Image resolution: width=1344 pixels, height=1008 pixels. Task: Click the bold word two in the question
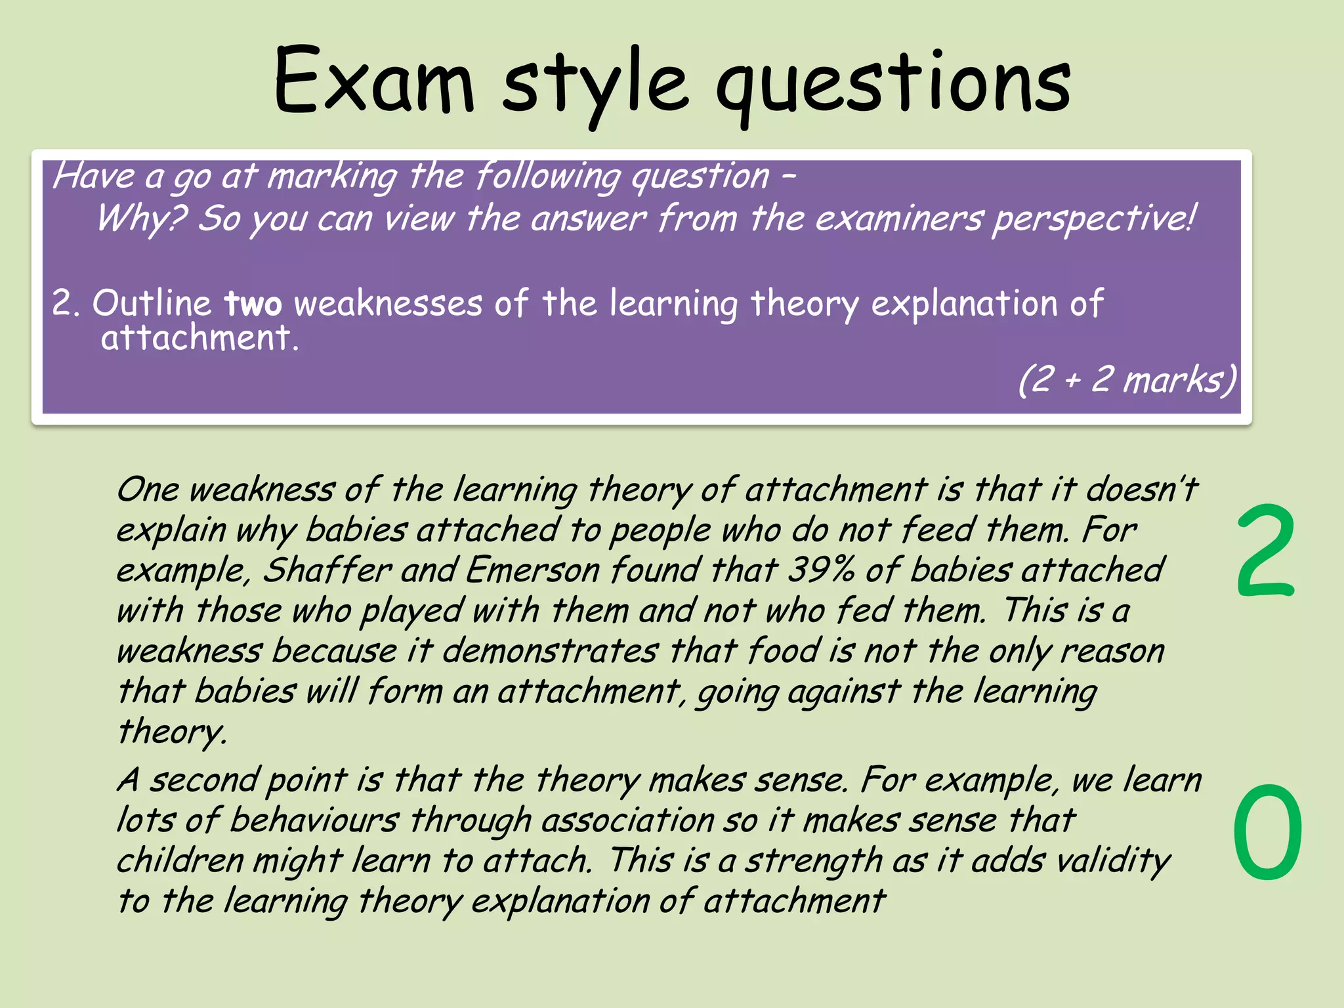click(x=253, y=304)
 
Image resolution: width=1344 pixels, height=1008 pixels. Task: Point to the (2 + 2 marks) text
click(x=1127, y=379)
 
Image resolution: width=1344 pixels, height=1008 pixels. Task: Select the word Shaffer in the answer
click(x=327, y=570)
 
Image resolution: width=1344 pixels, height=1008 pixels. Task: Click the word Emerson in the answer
click(x=532, y=570)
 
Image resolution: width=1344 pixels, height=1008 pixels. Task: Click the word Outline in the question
click(x=152, y=304)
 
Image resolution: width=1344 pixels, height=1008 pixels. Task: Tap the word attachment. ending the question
click(x=199, y=339)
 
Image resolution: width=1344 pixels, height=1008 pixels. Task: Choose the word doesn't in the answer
click(x=1142, y=490)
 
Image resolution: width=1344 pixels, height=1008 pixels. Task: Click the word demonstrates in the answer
click(x=550, y=651)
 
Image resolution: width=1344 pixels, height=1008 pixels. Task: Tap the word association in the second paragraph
click(x=628, y=820)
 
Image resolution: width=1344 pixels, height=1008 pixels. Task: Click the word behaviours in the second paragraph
click(x=314, y=820)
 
